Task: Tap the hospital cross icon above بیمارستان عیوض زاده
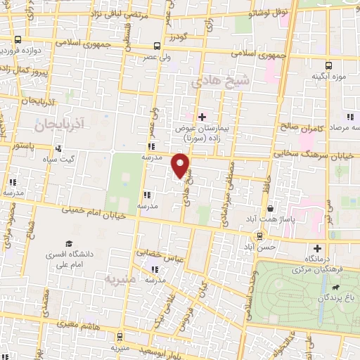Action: (202, 117)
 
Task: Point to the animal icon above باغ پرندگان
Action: (337, 288)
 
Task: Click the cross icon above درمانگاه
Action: (318, 247)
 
